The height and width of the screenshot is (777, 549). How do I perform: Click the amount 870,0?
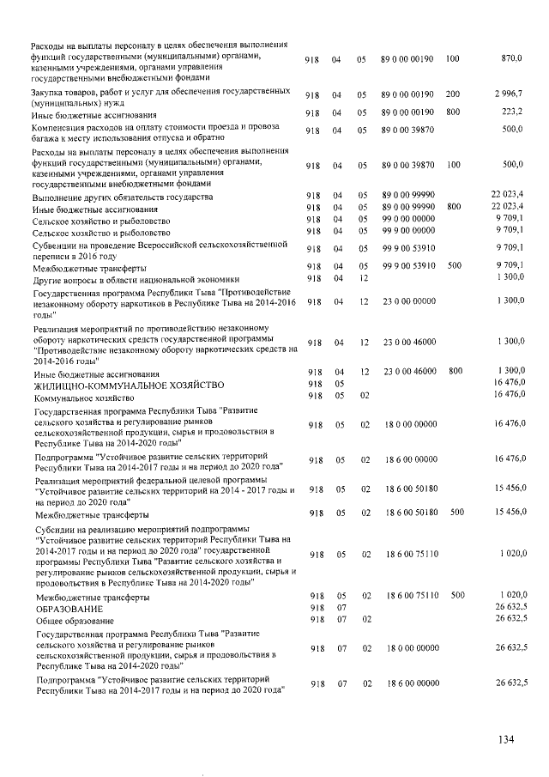511,58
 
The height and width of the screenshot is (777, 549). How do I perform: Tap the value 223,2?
512,112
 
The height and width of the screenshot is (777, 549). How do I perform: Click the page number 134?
509,739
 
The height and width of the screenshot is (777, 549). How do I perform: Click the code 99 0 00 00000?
408,218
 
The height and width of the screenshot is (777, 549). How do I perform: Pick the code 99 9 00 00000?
408,230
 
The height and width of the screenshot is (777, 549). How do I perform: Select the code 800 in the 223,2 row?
453,112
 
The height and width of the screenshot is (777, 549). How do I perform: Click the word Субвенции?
56,244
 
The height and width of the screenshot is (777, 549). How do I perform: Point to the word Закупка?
51,89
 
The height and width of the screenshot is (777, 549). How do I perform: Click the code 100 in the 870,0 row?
453,58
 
